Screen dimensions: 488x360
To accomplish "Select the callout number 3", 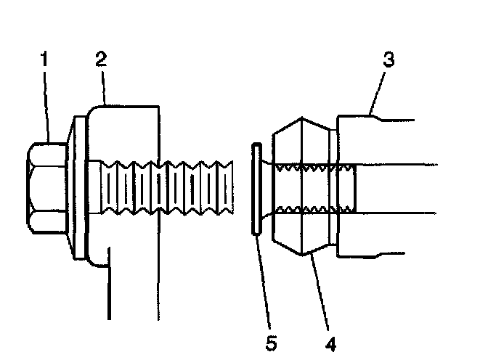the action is (x=389, y=60).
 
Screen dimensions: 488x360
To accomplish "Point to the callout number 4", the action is (x=331, y=340).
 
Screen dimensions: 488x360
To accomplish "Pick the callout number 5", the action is (x=270, y=340).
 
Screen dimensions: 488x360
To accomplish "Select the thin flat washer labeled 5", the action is (x=255, y=189).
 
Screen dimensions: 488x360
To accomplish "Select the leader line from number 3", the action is (x=379, y=91).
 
